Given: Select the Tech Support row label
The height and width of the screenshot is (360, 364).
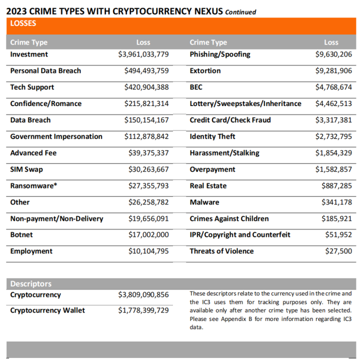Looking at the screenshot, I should pos(32,87).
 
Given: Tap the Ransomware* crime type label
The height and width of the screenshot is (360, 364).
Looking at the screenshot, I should pos(33,186).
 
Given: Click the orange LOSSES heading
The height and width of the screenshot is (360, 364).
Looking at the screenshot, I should pos(23,23).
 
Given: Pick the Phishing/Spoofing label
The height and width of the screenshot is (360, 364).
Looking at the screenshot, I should pos(220,54).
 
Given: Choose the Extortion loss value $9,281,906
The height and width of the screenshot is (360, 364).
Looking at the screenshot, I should pos(333,71).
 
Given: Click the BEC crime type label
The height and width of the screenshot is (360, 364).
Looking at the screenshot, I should pos(196,87).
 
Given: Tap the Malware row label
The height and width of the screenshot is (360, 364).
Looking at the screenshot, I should pos(204,202).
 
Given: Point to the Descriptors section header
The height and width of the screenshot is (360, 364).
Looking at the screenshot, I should pos(30,284).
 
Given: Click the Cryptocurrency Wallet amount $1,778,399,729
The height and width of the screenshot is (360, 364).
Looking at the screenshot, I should pos(143,310).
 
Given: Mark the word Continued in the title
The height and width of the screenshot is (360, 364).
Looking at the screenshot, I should pos(240,12).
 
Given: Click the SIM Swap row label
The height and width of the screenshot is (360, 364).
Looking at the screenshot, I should pos(26,169).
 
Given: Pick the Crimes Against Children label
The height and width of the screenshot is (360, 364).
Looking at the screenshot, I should pos(229,219).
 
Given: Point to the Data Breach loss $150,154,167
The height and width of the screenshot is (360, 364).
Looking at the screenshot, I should pos(146,120).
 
